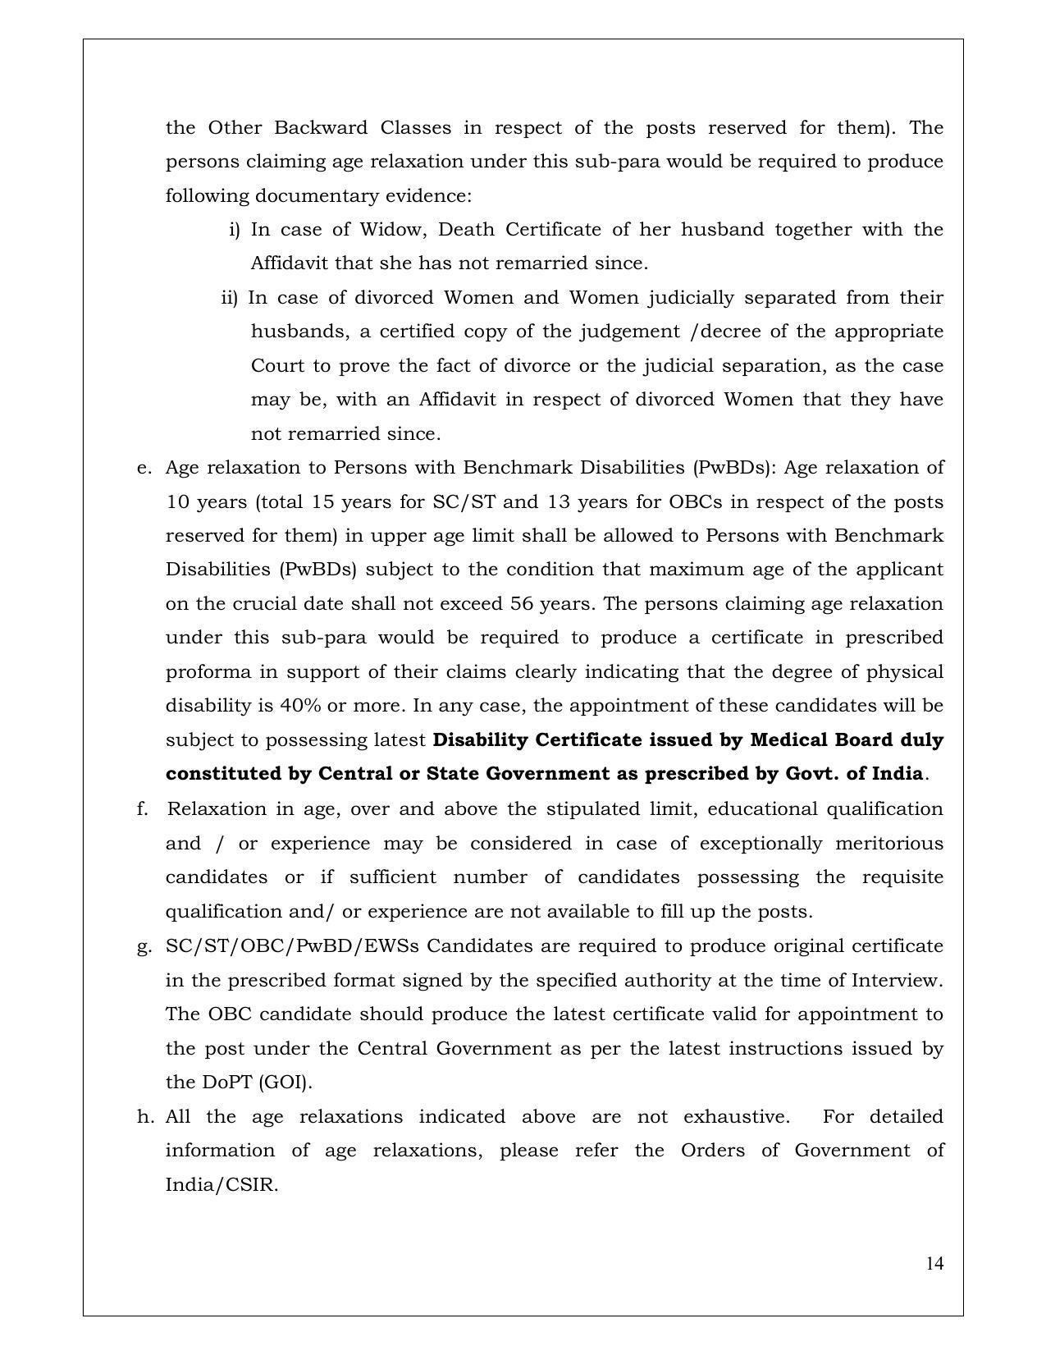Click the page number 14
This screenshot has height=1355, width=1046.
[x=934, y=1263]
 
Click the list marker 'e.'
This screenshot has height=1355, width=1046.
[x=144, y=468]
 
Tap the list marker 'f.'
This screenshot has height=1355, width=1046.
[x=143, y=809]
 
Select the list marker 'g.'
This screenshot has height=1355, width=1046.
[x=144, y=946]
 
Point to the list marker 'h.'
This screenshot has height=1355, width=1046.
[x=145, y=1117]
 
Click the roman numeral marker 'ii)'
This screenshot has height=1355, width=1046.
[x=229, y=297]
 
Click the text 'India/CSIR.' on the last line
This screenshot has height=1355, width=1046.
[x=222, y=1185]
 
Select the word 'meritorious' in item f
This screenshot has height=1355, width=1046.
[x=888, y=844]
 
